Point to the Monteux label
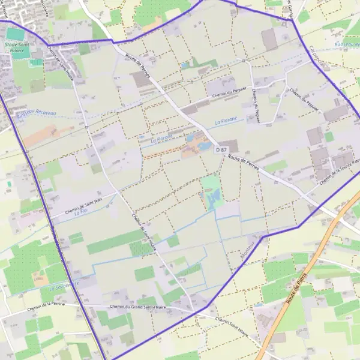coord(251,248)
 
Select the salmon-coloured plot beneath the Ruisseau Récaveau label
coord(42,135)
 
